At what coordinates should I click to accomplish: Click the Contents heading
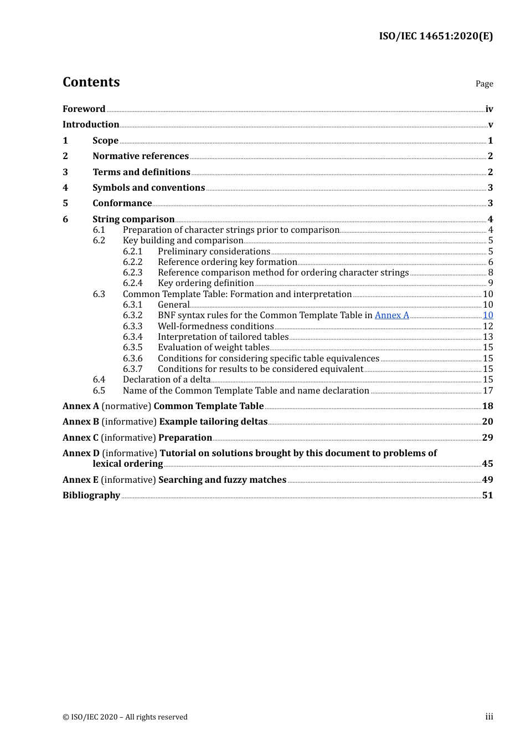coord(91,82)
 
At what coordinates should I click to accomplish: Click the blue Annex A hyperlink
coord(391,315)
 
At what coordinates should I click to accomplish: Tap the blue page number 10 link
coord(488,315)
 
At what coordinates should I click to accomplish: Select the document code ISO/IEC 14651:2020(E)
coord(436,37)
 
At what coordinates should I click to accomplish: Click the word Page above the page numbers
coord(484,84)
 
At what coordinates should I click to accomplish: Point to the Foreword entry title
coord(84,109)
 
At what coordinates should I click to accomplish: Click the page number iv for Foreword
coord(489,109)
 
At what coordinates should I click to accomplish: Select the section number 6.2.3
coord(132,273)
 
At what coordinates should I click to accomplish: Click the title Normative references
coord(141,156)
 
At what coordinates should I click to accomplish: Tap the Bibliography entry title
coord(91,496)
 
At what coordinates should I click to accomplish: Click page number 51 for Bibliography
coord(487,496)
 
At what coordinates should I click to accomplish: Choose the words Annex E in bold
coord(80,480)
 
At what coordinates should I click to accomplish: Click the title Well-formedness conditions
coord(215,326)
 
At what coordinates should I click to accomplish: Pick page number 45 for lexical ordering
coord(487,464)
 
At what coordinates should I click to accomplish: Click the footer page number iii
coord(489,717)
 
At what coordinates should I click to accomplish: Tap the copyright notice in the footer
coord(125,717)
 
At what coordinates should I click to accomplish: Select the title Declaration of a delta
coord(167,380)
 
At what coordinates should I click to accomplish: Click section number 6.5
coord(99,391)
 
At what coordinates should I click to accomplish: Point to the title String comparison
coord(133,220)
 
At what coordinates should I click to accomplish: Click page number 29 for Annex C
coord(487,438)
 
